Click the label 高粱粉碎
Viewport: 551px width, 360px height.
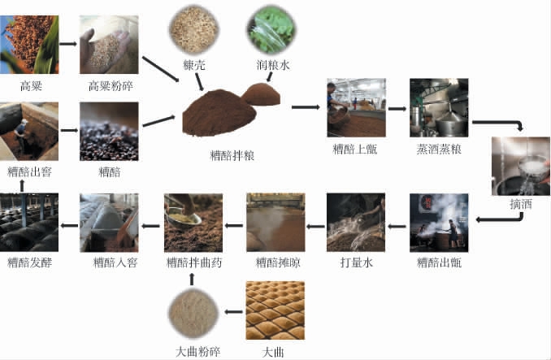(x=111, y=86)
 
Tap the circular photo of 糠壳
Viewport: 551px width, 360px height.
(x=194, y=29)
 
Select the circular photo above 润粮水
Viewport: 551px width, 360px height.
(x=271, y=29)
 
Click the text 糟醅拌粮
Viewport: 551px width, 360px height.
(x=232, y=155)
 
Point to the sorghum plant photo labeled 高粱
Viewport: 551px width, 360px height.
(x=29, y=45)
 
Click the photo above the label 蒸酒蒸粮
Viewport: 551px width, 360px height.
(x=439, y=107)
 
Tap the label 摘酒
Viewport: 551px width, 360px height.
(x=521, y=204)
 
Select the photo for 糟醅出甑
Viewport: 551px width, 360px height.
(x=439, y=223)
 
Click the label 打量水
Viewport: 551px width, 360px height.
(x=356, y=262)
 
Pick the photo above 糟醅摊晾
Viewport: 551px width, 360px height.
(x=275, y=223)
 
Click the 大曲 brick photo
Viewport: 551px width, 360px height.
(x=275, y=310)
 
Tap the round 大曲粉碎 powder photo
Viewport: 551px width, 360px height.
(x=193, y=313)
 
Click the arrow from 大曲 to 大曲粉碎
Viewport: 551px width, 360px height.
(x=234, y=311)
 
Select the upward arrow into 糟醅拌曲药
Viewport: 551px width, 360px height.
(x=192, y=280)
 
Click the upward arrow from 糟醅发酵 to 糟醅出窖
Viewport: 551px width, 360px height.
(x=22, y=186)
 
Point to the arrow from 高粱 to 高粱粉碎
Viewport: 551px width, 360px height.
(x=68, y=44)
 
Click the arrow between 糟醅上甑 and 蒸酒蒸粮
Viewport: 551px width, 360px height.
(x=397, y=109)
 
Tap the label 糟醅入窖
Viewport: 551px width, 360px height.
(x=115, y=262)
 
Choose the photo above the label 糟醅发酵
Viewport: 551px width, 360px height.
(x=29, y=223)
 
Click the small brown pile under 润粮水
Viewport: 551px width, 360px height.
(x=262, y=94)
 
